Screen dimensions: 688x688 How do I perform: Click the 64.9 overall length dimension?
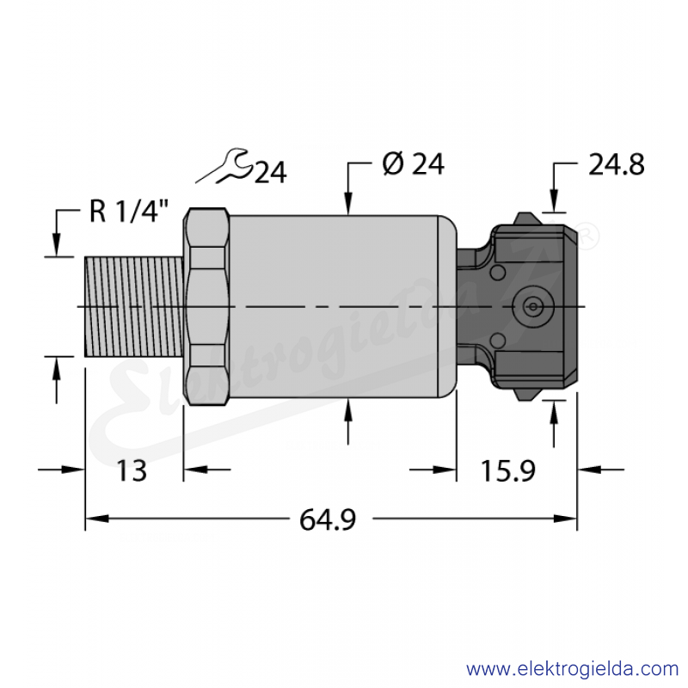328,519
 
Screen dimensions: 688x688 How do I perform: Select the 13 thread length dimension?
132,470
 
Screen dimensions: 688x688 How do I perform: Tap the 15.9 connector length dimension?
508,470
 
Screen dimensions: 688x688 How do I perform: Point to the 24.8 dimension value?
616,164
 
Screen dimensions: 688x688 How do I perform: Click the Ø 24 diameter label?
414,164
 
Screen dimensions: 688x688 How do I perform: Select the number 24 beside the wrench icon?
271,172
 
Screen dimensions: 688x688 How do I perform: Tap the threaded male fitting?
134,307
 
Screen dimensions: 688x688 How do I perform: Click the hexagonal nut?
206,306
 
